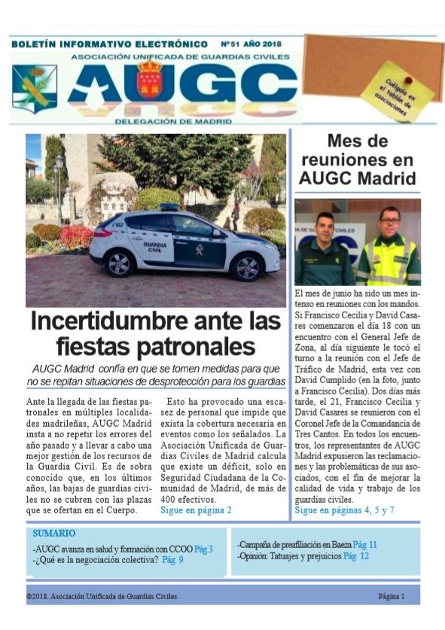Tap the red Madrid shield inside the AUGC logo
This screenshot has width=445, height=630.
pyautogui.click(x=150, y=81)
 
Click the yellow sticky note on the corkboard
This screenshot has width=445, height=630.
pyautogui.click(x=397, y=91)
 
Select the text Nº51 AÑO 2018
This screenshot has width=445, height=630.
pyautogui.click(x=251, y=44)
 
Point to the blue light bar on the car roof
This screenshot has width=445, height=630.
pyautogui.click(x=169, y=207)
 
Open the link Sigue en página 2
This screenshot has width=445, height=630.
pyautogui.click(x=196, y=510)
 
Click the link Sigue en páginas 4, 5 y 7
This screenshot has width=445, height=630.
pyautogui.click(x=344, y=510)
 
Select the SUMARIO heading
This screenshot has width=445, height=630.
pyautogui.click(x=53, y=533)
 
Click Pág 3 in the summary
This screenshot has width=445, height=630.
pyautogui.click(x=203, y=549)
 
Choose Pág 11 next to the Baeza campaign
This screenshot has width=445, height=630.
pyautogui.click(x=364, y=544)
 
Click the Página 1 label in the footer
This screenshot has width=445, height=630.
pyautogui.click(x=391, y=596)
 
